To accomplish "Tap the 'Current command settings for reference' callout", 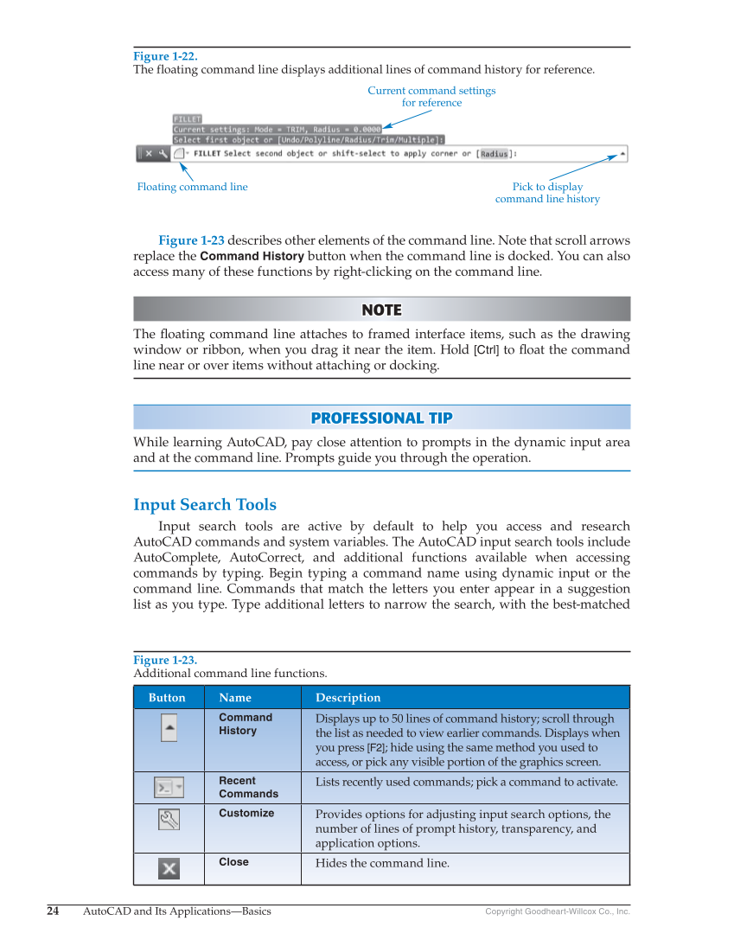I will pos(431,96).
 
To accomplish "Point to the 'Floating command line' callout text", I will pos(192,187).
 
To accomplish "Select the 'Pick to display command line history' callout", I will pos(547,193).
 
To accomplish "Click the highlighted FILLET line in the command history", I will pos(188,119).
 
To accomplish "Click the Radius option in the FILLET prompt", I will pos(495,154).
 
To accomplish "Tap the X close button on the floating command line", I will pos(148,154).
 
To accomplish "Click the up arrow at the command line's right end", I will pos(622,154).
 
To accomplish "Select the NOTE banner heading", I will pos(381,310).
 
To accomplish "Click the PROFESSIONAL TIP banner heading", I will pos(381,418).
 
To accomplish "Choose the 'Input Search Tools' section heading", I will pos(205,504).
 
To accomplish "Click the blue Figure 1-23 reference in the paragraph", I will pos(191,240).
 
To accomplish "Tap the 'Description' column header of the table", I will pos(348,698).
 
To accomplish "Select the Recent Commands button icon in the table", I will pos(169,788).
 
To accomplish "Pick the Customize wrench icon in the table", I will pos(169,819).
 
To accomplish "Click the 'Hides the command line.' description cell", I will pos(382,863).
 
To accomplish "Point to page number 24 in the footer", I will pos(53,911).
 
